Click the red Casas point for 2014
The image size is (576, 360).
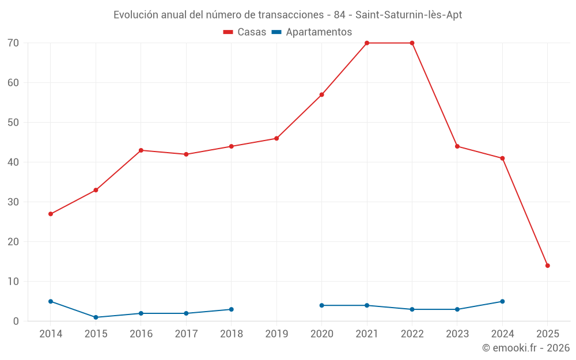coord(51,214)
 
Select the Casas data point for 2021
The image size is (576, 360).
coord(367,43)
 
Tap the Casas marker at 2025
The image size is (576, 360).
coord(548,266)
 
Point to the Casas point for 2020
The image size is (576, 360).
coord(321,94)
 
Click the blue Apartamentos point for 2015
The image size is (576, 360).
coord(96,317)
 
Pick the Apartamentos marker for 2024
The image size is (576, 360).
coord(502,301)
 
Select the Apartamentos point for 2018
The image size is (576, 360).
coord(232,309)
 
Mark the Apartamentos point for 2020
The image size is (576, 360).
coord(321,305)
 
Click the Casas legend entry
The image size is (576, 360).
coord(245,32)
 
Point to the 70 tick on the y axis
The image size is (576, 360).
coord(13,43)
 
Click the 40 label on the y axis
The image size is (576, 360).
coord(13,162)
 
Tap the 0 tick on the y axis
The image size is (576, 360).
coord(16,321)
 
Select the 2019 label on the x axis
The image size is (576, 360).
coord(276,334)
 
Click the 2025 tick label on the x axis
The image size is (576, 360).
coord(548,334)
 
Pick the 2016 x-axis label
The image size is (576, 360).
coord(141,334)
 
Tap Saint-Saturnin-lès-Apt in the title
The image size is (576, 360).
coord(412,15)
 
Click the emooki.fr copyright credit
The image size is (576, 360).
coord(525,348)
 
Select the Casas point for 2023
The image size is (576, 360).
coord(457,146)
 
